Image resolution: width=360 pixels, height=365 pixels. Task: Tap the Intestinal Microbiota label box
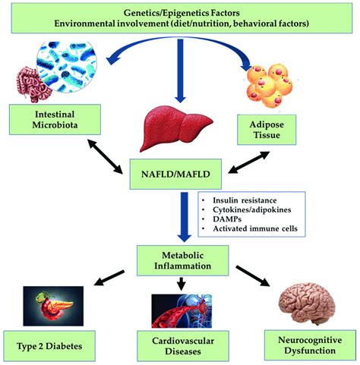click(x=46, y=120)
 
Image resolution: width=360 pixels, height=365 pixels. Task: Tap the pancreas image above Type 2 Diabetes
click(x=50, y=302)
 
